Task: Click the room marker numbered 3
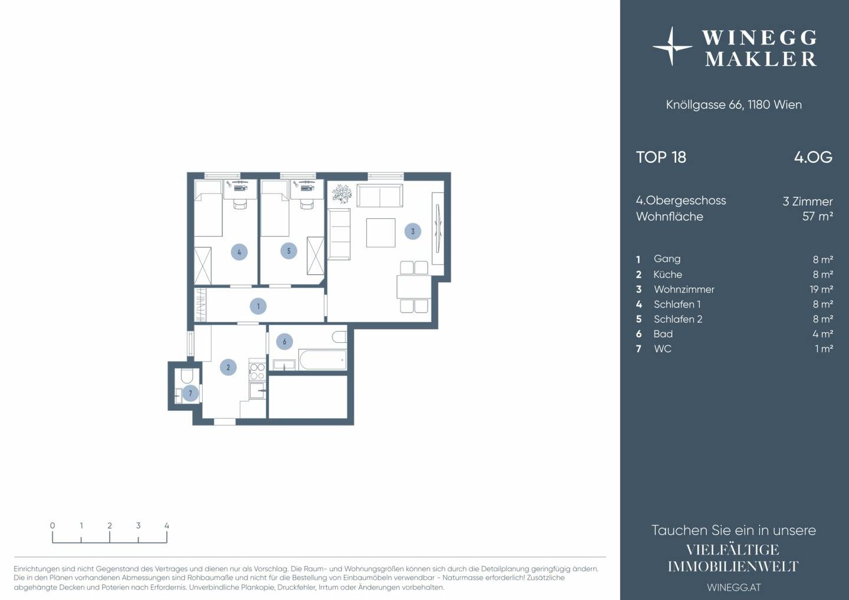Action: click(413, 231)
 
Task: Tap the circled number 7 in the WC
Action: click(190, 394)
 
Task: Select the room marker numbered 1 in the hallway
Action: click(258, 306)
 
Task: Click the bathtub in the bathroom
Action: click(323, 359)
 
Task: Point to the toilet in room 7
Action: click(187, 376)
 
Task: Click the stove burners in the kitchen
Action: click(257, 371)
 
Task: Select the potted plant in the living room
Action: click(342, 194)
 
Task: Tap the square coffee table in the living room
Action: click(380, 232)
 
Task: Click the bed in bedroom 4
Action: click(208, 208)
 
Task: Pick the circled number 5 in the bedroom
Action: click(288, 251)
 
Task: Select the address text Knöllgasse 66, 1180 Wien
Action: click(734, 104)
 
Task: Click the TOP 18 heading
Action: click(661, 158)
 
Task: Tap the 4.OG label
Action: click(813, 158)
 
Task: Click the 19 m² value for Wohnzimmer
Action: click(821, 289)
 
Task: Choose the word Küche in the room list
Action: click(667, 274)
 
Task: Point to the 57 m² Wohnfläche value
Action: click(818, 216)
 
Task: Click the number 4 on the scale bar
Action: click(167, 526)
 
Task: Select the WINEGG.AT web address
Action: click(734, 588)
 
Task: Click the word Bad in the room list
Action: click(663, 334)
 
